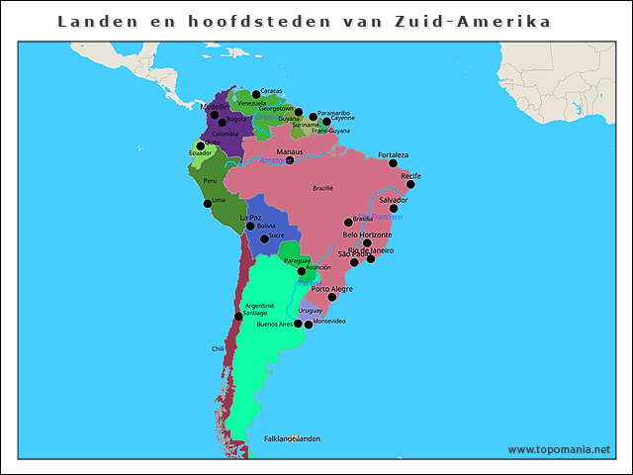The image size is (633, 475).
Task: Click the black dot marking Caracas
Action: click(x=255, y=93)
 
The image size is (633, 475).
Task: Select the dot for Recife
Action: click(x=410, y=184)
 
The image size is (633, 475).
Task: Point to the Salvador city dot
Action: click(x=394, y=209)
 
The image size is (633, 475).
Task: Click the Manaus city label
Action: click(x=290, y=151)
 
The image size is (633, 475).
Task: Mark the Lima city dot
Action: click(x=207, y=203)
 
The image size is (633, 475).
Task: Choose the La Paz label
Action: click(x=251, y=217)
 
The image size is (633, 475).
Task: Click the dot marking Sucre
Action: click(x=264, y=237)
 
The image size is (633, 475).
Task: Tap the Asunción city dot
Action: click(x=301, y=270)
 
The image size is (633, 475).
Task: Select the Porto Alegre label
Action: click(x=330, y=288)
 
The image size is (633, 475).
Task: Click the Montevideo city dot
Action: click(x=309, y=325)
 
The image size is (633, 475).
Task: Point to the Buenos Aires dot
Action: click(x=298, y=324)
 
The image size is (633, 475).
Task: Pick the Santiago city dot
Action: click(x=237, y=317)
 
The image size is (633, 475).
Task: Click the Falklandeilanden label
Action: click(x=292, y=438)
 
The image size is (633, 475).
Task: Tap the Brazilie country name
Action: click(x=322, y=188)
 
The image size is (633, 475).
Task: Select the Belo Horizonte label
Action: click(x=367, y=235)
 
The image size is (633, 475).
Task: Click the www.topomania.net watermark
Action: click(x=559, y=449)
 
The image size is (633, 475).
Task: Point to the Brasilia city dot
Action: click(x=348, y=222)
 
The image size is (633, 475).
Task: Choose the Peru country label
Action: click(x=210, y=181)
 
